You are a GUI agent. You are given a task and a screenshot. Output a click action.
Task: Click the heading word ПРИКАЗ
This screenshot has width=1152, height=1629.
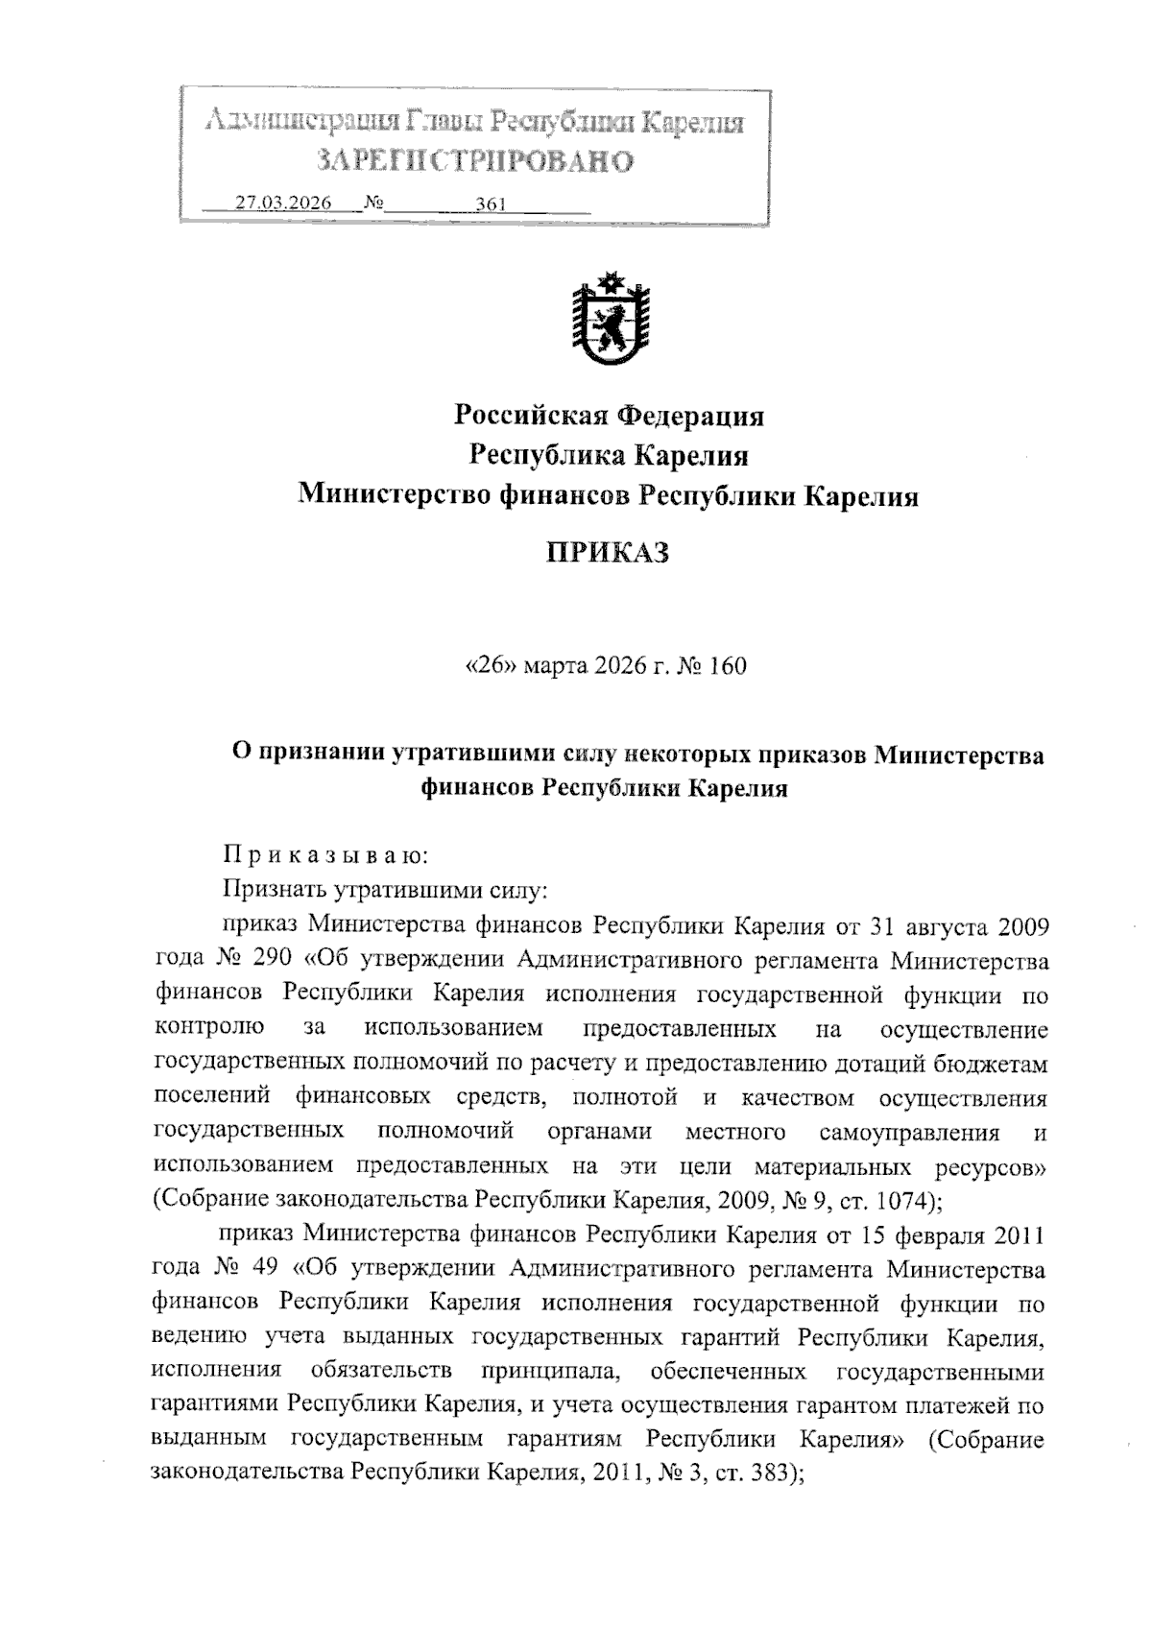[x=608, y=554]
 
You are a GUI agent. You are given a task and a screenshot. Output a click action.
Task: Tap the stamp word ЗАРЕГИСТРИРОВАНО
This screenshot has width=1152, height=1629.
[x=475, y=161]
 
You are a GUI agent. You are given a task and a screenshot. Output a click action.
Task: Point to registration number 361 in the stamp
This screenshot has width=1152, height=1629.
[x=491, y=204]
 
